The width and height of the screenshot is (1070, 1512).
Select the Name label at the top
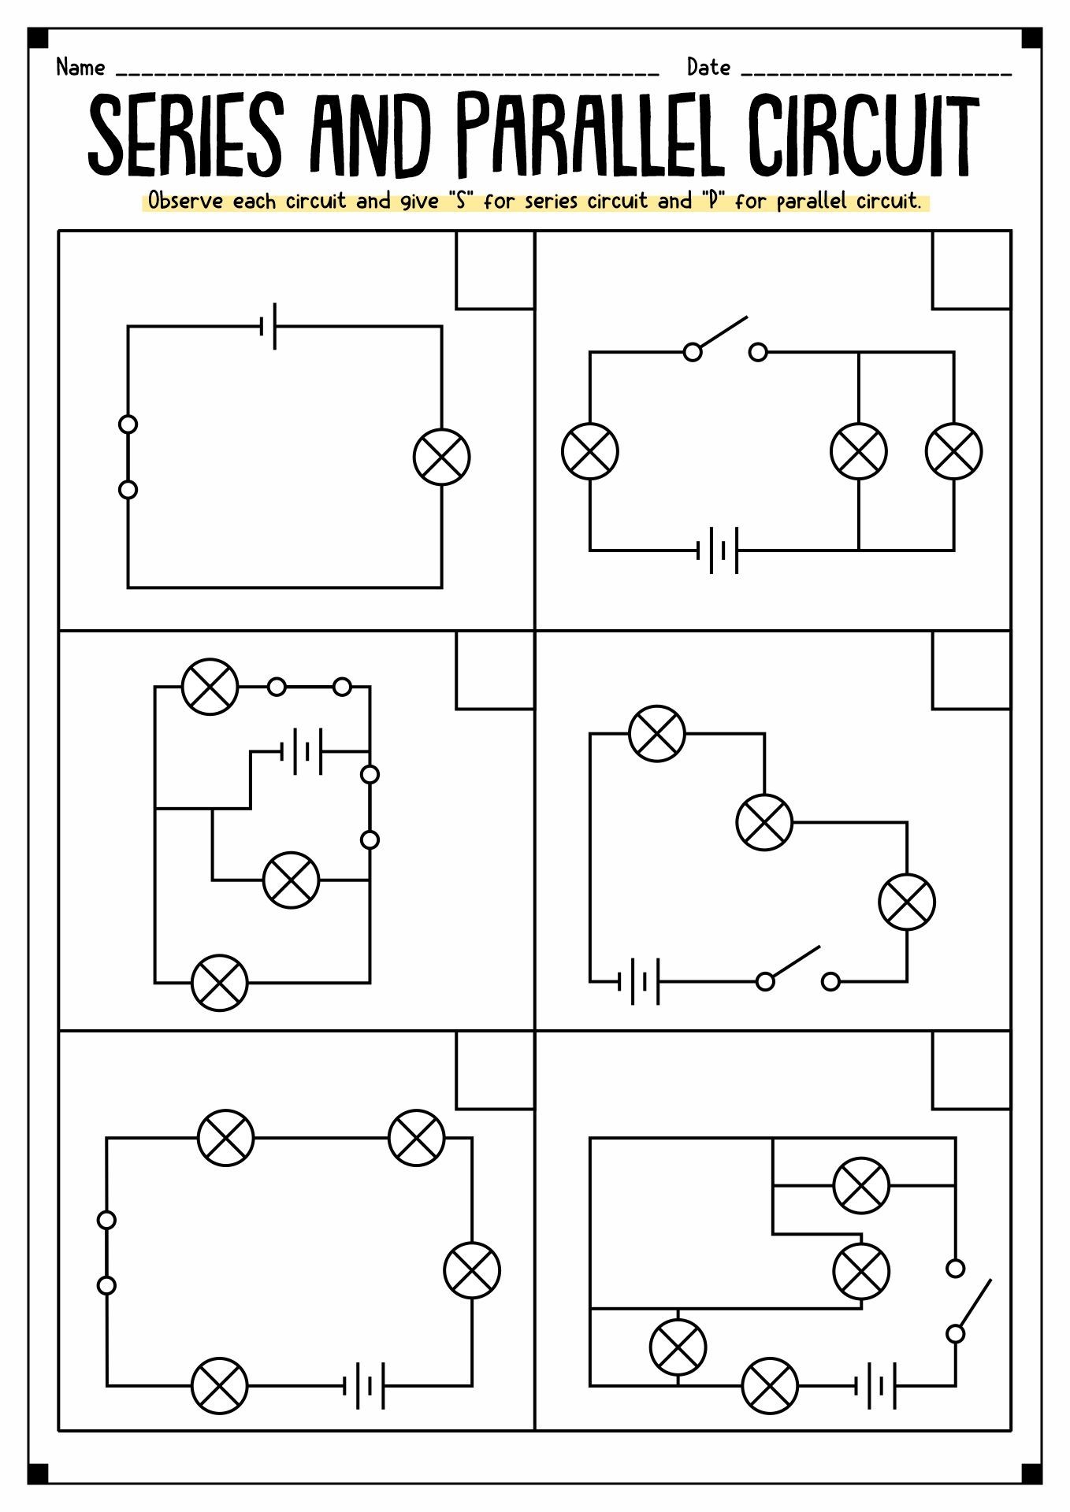[80, 68]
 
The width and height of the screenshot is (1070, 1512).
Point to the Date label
[708, 68]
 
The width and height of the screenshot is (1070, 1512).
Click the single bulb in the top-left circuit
[442, 457]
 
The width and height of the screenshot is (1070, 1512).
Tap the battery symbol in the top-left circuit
[269, 325]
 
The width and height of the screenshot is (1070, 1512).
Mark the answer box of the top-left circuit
[495, 270]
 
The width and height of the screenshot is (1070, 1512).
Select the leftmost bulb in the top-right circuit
[590, 451]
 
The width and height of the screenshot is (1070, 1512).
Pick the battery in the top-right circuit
[718, 550]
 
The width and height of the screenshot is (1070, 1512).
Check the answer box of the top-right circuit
[971, 270]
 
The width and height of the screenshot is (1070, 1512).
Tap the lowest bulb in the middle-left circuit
[220, 983]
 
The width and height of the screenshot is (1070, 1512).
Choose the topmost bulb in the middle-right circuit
[657, 733]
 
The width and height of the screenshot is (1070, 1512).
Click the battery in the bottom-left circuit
[364, 1385]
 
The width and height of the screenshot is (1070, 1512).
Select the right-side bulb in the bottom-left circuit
[472, 1270]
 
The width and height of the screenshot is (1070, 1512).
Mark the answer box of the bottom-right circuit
[971, 1070]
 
